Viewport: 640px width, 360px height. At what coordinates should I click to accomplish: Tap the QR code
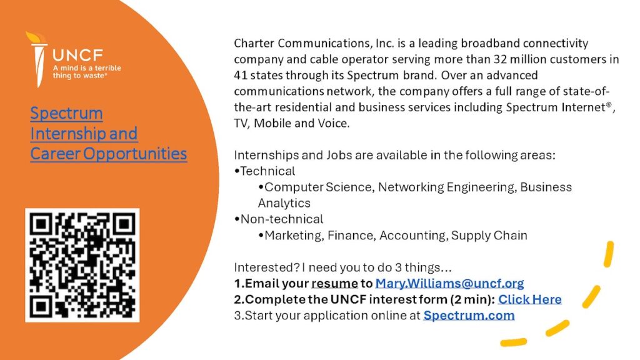tap(82, 265)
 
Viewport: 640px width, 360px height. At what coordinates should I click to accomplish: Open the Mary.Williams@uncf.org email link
tap(449, 283)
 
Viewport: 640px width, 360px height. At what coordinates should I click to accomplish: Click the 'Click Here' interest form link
tap(530, 299)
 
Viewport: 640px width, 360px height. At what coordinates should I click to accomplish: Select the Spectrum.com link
tap(469, 316)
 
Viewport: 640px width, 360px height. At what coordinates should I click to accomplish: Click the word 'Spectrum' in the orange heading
tap(66, 114)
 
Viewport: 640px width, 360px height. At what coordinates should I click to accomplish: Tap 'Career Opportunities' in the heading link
tap(109, 154)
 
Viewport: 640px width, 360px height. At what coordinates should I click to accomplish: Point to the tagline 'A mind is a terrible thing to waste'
tap(87, 72)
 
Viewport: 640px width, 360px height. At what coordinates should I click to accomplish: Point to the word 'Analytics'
tap(284, 203)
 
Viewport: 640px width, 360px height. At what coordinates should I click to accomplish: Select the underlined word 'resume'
tap(335, 284)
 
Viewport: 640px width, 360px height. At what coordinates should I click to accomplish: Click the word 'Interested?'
tap(267, 267)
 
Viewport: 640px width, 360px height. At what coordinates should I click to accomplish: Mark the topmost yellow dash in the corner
tap(609, 254)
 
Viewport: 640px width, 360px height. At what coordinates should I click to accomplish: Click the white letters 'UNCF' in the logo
tap(77, 55)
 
